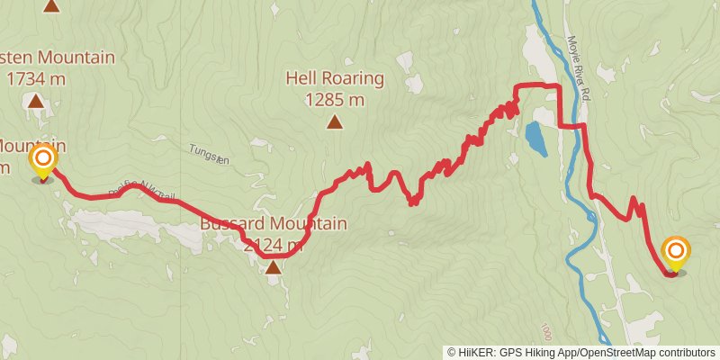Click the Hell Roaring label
tap(335, 78)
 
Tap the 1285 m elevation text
tap(335, 100)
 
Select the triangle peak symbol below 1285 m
tap(335, 122)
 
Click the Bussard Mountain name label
tap(273, 223)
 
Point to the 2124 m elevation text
tap(273, 245)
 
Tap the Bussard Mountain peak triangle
tap(273, 266)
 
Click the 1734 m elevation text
tap(36, 78)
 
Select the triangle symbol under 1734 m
tap(36, 101)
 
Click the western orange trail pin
tap(43, 162)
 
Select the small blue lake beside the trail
tap(535, 138)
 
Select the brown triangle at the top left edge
tap(52, 5)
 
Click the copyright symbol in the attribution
tap(452, 352)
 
